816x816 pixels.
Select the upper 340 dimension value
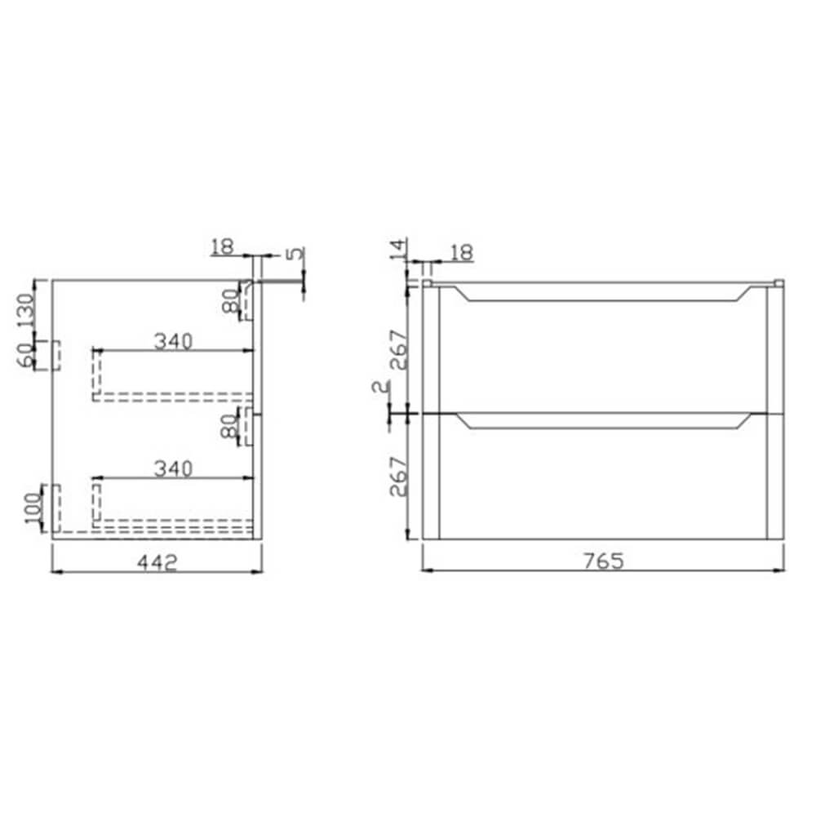(172, 341)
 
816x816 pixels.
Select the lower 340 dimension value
(172, 468)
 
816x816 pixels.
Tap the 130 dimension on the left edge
(27, 310)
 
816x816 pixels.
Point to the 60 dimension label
(27, 354)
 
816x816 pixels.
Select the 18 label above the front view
(460, 252)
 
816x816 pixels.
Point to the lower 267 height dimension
(397, 477)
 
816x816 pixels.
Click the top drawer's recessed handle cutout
(604, 295)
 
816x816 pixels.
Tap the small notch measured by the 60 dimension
(57, 355)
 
